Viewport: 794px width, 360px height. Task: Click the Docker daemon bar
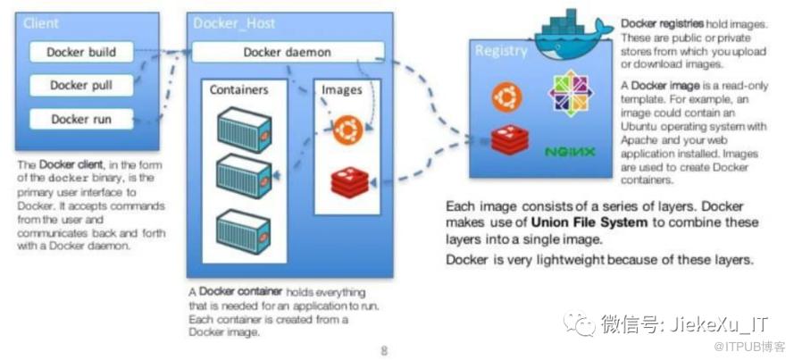click(288, 53)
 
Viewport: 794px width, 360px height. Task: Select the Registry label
click(501, 51)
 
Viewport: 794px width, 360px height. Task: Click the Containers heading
click(239, 90)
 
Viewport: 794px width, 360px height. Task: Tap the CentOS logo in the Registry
click(570, 92)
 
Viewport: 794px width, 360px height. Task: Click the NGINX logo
click(570, 151)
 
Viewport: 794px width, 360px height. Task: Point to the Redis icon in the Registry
click(507, 140)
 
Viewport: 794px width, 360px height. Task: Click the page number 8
click(384, 350)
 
